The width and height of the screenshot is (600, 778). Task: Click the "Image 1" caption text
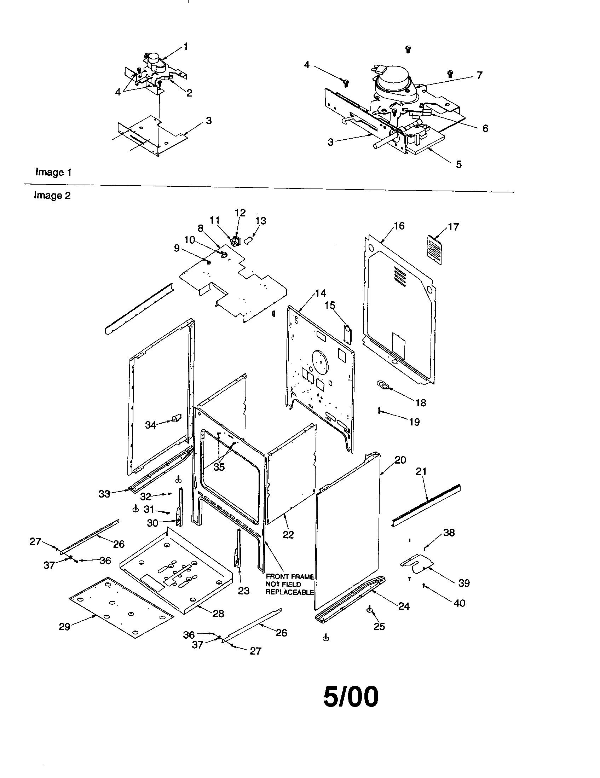coord(53,173)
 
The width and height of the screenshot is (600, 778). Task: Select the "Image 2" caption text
coord(52,195)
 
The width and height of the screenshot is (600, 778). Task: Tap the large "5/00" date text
coord(351,697)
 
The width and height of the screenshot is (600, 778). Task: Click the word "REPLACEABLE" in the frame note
coord(289,592)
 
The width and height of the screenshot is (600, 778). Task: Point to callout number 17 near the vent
coord(453,227)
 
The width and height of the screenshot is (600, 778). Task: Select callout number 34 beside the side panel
coord(150,425)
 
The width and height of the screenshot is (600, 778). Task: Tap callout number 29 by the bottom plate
coord(64,627)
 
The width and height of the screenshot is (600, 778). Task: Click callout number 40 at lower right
coord(459,603)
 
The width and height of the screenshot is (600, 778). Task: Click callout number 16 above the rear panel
coord(399,226)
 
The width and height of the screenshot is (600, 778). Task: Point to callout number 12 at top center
coord(240,213)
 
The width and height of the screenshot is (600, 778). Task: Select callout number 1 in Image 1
coord(185,47)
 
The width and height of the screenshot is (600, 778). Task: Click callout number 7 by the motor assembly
coord(479,75)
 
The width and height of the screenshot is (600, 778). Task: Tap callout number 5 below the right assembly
coord(458,164)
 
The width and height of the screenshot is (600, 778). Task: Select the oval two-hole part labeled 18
coord(382,385)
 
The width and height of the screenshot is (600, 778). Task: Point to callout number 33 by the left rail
coord(104,494)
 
